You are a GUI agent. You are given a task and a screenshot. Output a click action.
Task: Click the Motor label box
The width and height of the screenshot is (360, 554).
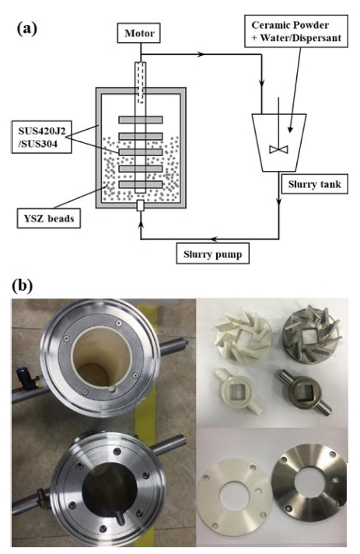coord(139,33)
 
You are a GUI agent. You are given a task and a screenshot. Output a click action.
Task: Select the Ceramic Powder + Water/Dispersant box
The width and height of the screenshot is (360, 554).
coord(295,31)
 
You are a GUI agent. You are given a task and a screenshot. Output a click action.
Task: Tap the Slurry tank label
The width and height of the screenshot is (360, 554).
coord(314,183)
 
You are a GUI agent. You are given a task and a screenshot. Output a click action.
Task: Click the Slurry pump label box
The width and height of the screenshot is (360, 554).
coord(212,253)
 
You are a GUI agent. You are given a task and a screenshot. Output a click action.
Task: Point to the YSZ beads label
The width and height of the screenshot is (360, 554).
coord(49,218)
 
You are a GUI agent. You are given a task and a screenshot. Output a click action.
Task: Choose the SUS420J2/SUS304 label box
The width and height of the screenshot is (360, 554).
coord(42,137)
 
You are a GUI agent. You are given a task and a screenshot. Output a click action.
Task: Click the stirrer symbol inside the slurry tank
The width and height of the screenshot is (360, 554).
coord(278,149)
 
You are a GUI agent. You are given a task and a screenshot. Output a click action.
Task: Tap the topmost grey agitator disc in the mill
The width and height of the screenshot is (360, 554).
coord(141,120)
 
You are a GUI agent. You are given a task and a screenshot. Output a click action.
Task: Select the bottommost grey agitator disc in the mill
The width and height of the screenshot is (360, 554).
coord(141,184)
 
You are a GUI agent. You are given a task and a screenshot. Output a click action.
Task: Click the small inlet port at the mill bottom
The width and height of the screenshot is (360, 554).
coord(141,206)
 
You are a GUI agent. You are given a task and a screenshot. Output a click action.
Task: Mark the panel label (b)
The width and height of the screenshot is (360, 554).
coord(23,285)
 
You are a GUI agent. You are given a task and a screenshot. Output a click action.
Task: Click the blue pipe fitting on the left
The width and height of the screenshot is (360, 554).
coord(23,377)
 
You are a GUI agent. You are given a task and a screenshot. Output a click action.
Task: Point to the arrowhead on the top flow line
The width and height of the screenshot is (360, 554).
coord(201,54)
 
